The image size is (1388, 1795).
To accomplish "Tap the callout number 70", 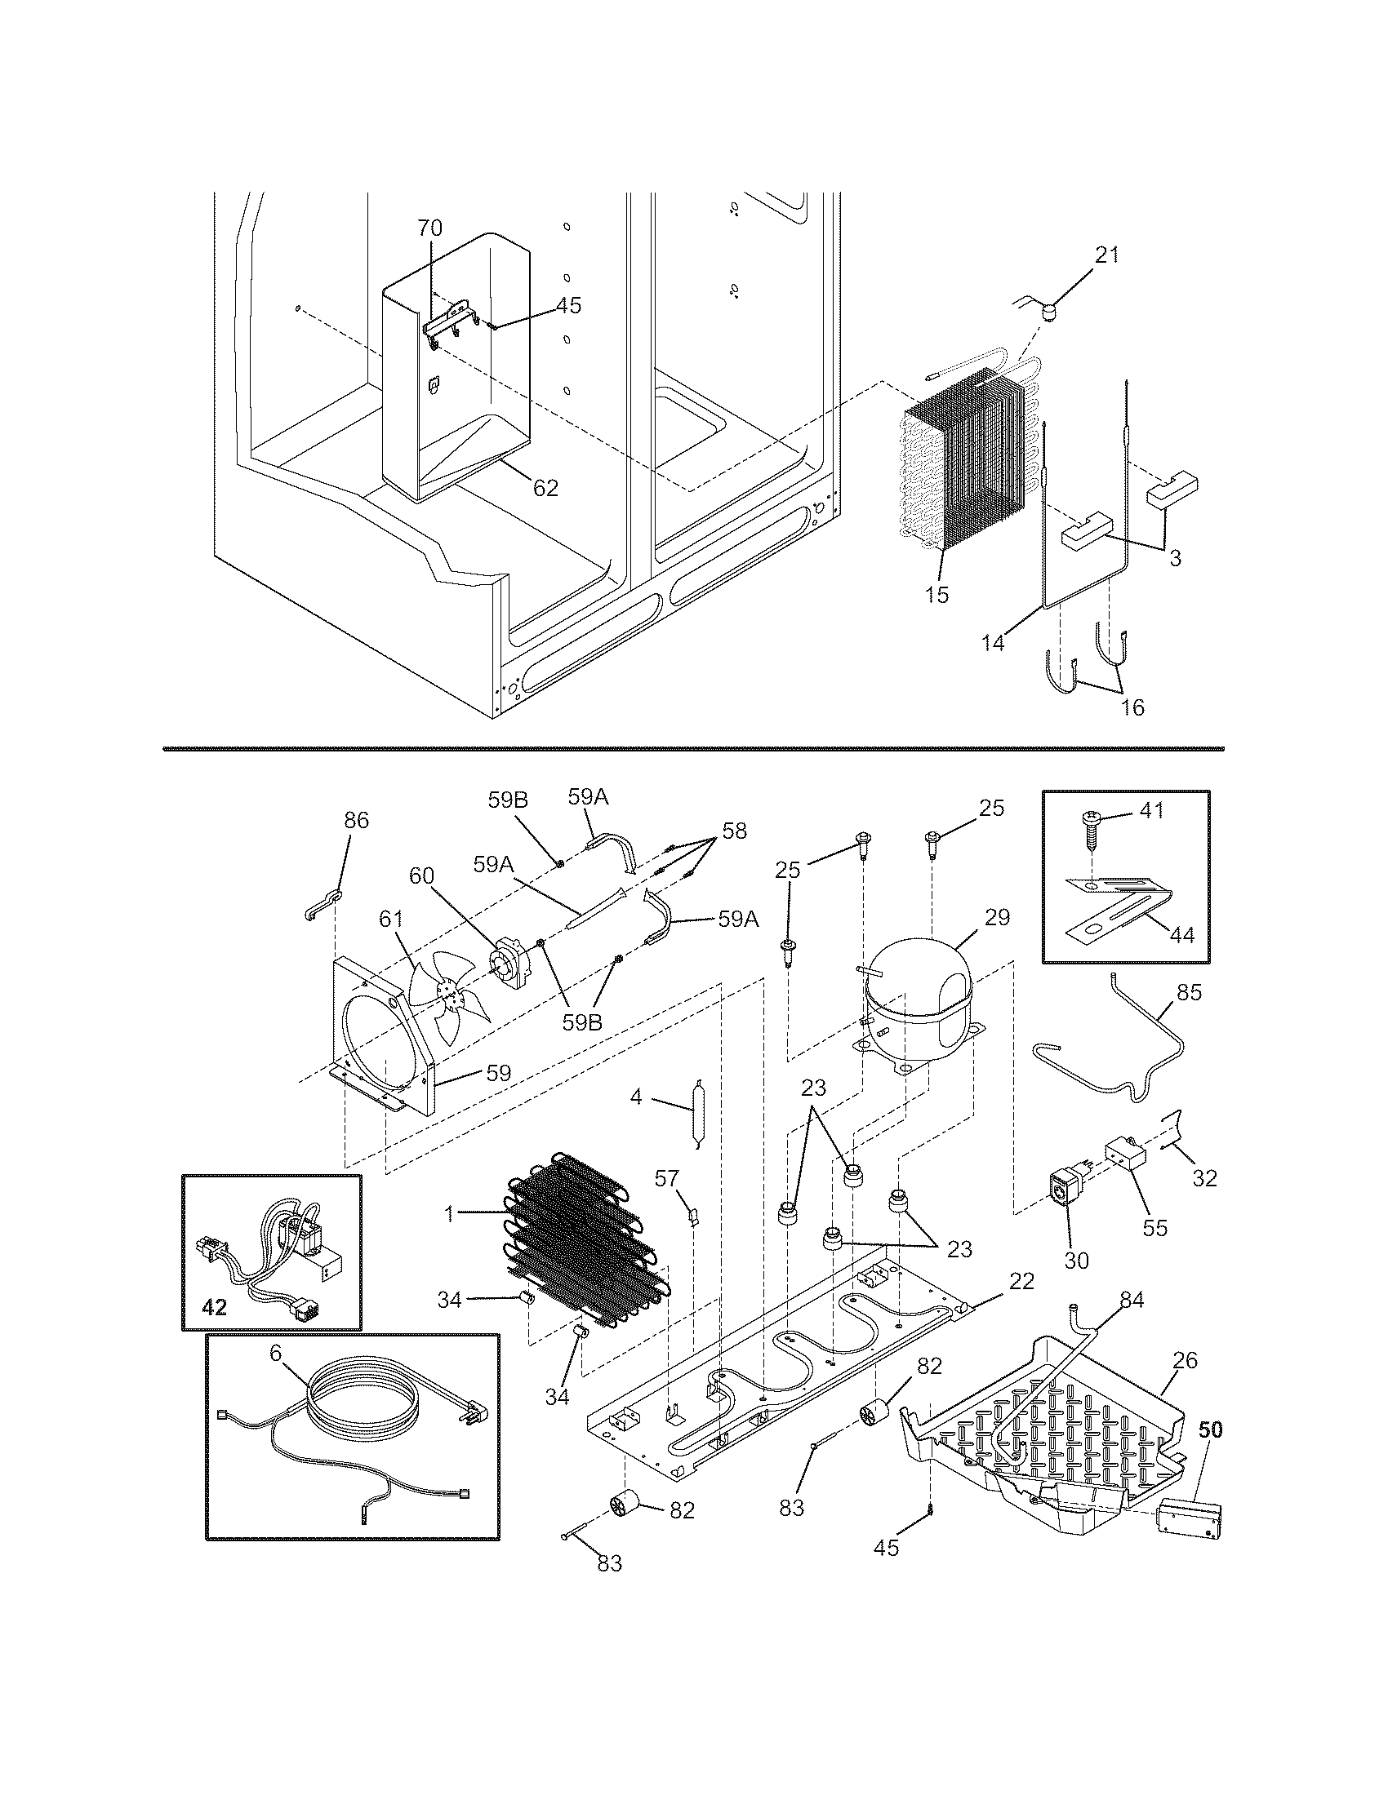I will click(x=429, y=228).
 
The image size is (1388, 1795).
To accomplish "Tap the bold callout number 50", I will click(x=1209, y=1429).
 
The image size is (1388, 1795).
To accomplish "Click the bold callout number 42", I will click(x=214, y=1306).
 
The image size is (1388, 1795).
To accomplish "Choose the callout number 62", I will click(x=545, y=488).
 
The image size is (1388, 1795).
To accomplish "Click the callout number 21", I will click(x=1107, y=255).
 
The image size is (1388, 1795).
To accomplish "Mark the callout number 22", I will click(x=1021, y=1280).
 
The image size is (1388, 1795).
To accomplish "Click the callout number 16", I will click(x=1132, y=707).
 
